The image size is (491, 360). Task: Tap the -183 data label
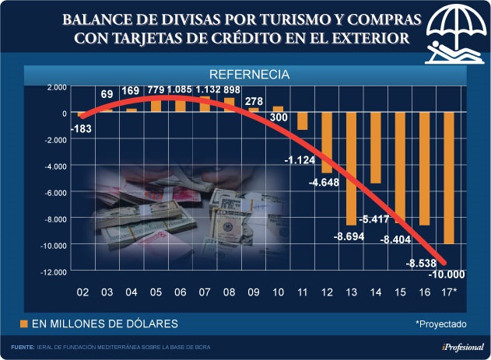click(x=81, y=128)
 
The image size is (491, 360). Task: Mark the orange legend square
click(x=24, y=323)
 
